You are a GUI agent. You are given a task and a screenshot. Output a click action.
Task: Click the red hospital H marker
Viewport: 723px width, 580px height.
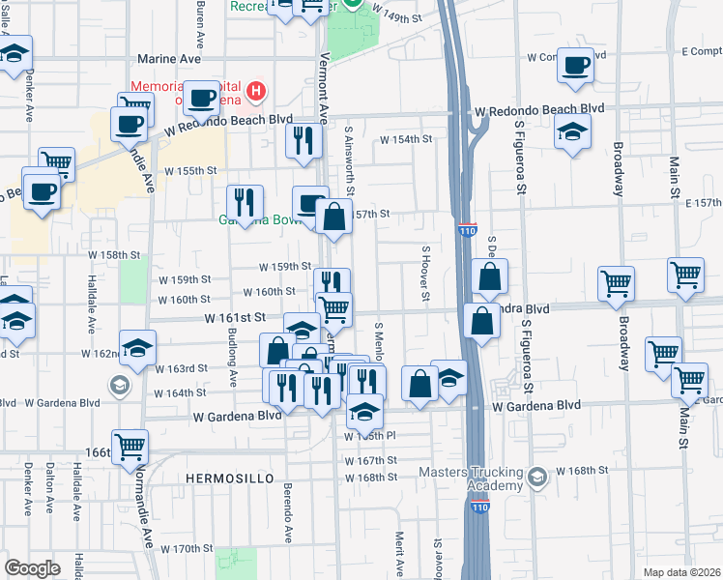[x=256, y=93]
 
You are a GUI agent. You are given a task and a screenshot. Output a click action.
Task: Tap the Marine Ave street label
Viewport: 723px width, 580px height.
[x=169, y=59]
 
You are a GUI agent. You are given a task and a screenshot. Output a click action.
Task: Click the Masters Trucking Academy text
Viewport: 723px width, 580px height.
[x=470, y=478]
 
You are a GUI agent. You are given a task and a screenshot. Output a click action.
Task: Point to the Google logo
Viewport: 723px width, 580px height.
[x=32, y=568]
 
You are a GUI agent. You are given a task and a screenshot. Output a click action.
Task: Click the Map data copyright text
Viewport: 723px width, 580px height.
[x=681, y=572]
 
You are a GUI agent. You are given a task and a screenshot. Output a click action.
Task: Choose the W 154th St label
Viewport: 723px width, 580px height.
[x=405, y=139]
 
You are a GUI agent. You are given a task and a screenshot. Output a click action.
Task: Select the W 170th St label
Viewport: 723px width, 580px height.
[x=187, y=548]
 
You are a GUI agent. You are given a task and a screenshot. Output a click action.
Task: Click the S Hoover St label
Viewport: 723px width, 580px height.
[x=423, y=273]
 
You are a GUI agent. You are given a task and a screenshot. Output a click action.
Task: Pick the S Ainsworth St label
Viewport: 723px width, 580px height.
[x=349, y=155]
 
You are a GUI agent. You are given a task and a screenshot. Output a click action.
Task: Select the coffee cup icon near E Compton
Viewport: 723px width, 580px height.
[x=575, y=66]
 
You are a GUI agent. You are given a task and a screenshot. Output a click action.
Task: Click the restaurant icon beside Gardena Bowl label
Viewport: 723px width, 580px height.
[x=246, y=201]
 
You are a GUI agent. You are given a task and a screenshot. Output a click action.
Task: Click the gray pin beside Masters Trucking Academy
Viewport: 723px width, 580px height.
[x=537, y=477]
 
